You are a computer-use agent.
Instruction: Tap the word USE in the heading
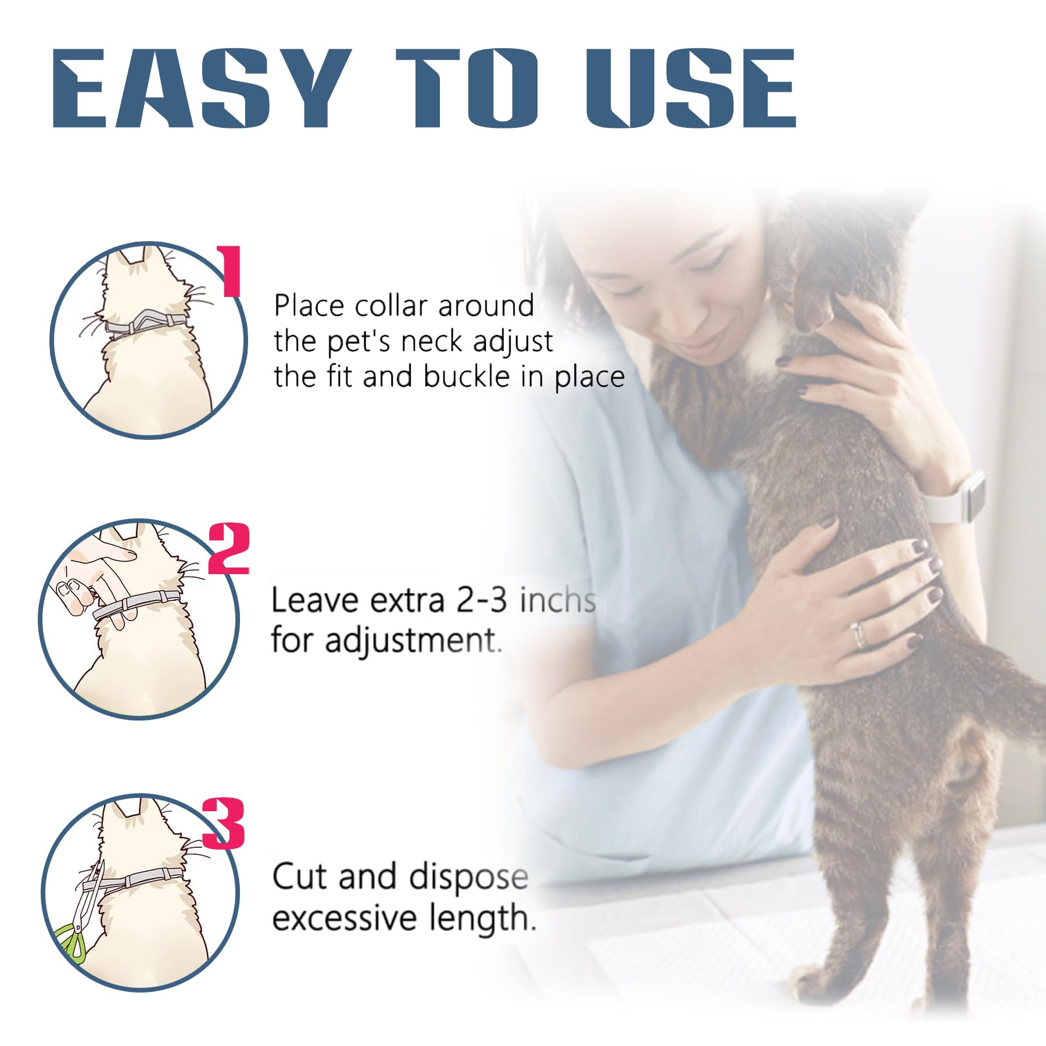tap(690, 88)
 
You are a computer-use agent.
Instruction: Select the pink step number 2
tap(228, 549)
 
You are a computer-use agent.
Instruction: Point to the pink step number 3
tap(224, 823)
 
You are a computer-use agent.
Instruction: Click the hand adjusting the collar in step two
tap(96, 581)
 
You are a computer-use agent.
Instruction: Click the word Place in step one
tap(309, 306)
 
